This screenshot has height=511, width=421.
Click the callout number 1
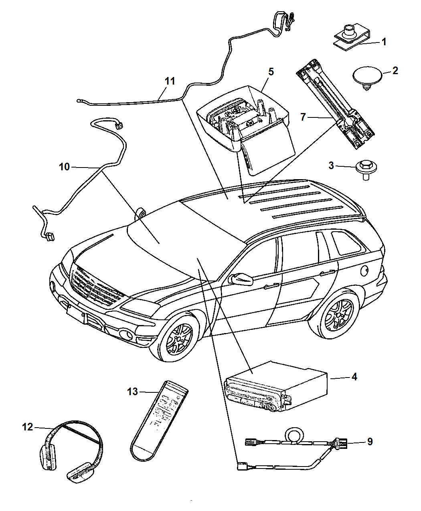coord(384,42)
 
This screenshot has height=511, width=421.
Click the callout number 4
coord(354,377)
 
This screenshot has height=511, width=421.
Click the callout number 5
coord(271,72)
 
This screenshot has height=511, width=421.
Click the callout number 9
coord(370,441)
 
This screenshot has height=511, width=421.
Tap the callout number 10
coord(64,166)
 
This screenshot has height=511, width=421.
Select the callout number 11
coord(170,81)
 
